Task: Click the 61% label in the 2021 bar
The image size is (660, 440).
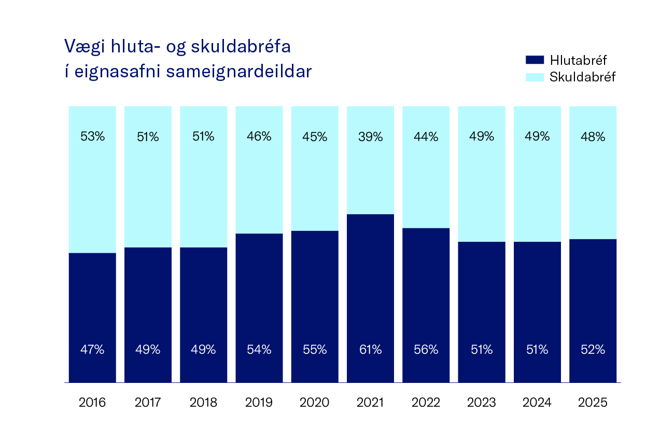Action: [x=370, y=350]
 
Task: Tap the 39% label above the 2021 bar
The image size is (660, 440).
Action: [x=370, y=137]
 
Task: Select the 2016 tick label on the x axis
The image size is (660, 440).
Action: [x=92, y=403]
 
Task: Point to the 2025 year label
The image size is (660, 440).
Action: [x=593, y=403]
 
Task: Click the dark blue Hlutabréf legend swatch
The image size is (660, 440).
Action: [x=535, y=60]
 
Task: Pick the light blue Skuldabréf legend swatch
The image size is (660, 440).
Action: [x=535, y=77]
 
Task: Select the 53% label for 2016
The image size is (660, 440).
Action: [x=92, y=137]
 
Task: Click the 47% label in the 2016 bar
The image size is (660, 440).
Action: [x=92, y=350]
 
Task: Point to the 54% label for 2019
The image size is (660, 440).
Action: [x=259, y=350]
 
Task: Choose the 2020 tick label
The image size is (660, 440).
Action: [x=315, y=403]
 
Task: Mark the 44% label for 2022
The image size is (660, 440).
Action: [x=426, y=137]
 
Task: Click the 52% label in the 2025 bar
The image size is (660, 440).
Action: [x=593, y=350]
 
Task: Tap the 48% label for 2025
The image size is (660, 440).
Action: [x=593, y=137]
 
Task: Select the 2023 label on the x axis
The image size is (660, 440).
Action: [x=482, y=403]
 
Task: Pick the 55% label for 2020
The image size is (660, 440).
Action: [x=315, y=350]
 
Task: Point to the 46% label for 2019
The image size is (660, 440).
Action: [x=259, y=137]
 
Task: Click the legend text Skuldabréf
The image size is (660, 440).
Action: [x=582, y=77]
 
